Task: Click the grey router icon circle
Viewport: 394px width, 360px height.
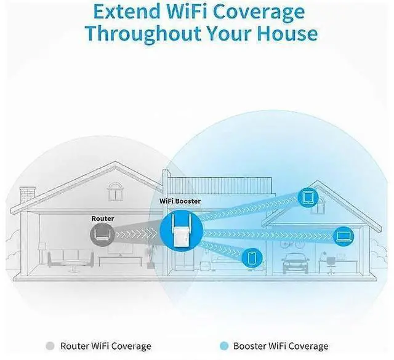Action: (x=102, y=234)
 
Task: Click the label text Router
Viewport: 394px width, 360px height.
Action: (x=102, y=218)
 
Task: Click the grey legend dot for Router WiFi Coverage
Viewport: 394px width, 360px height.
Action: (x=50, y=346)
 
